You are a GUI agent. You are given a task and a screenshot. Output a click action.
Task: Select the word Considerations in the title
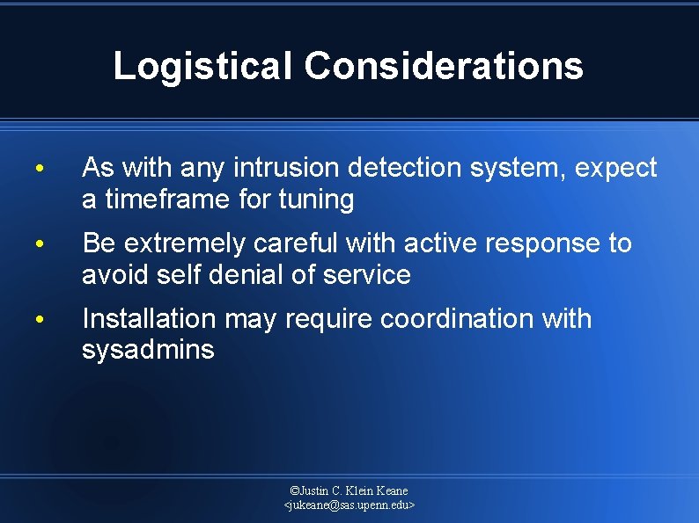(x=444, y=66)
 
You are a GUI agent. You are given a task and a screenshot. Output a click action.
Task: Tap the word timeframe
(x=167, y=200)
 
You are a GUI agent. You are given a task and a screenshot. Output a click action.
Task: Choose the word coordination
(x=457, y=318)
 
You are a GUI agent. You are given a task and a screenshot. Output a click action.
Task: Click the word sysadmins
(x=148, y=350)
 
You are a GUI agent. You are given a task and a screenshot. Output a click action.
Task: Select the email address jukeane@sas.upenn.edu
(x=349, y=505)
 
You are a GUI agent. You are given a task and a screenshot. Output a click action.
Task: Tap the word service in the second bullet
(x=367, y=275)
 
